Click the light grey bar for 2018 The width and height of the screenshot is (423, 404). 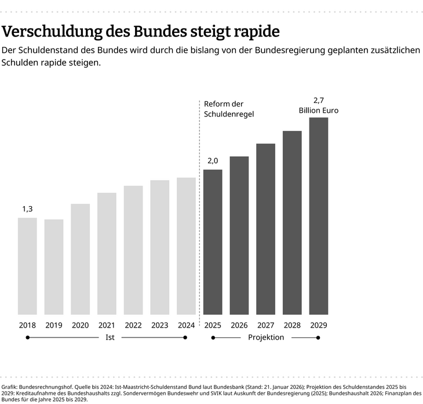[27, 266]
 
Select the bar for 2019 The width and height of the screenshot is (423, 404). [54, 267]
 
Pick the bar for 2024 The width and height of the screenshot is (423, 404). [186, 246]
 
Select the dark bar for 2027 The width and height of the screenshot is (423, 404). [265, 229]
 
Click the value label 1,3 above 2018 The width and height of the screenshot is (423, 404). [27, 209]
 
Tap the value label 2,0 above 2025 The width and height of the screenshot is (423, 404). [213, 160]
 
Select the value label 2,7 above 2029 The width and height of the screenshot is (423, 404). [319, 100]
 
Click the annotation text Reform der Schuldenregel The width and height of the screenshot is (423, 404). [229, 109]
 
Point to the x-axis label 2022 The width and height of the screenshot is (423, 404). [133, 325]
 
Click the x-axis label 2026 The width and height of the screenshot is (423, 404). [239, 325]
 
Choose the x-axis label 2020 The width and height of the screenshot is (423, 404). [80, 325]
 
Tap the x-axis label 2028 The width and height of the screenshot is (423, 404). [292, 325]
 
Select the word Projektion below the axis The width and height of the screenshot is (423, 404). [266, 337]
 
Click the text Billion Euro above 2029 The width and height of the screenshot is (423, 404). [319, 110]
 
